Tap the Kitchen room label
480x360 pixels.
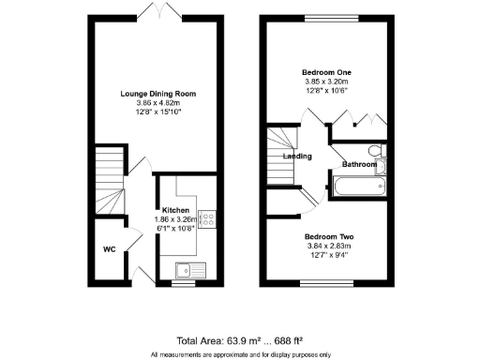[x=176, y=209]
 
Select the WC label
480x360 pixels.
[x=109, y=249]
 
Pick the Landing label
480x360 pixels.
[x=297, y=157]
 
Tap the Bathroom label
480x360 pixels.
[x=359, y=165]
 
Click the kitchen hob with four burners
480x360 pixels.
[x=207, y=219]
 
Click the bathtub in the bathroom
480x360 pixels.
[x=359, y=187]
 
